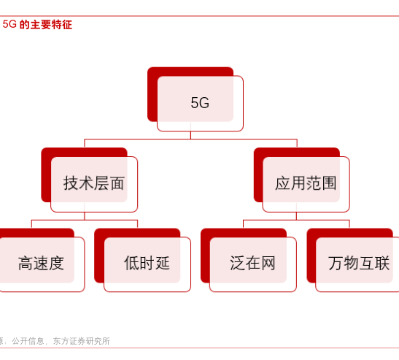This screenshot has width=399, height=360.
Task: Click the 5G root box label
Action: (x=200, y=103)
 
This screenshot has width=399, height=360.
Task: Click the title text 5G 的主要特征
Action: (x=37, y=24)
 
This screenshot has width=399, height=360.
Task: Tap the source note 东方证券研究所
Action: (x=82, y=341)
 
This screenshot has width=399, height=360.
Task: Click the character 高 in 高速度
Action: (x=26, y=263)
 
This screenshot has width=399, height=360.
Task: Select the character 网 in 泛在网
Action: (x=268, y=263)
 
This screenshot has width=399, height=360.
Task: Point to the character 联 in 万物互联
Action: (x=382, y=263)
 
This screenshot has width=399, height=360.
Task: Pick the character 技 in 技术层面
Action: (x=71, y=183)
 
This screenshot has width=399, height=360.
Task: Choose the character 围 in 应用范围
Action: (x=329, y=183)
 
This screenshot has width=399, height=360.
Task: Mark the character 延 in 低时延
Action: (x=163, y=263)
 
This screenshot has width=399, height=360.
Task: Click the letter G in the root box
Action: (x=204, y=103)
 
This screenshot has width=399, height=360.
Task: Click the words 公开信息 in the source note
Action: (x=28, y=341)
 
